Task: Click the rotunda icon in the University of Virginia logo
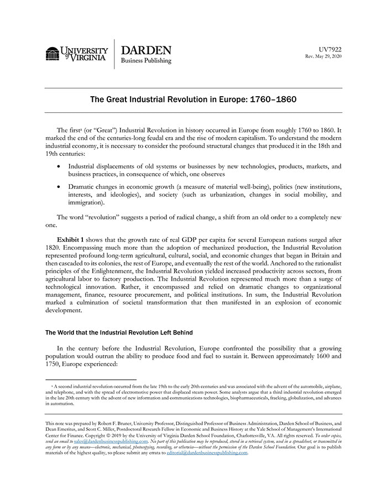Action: [53, 54]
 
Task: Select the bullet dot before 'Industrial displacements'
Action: [60, 166]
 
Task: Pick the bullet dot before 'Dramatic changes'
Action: [60, 187]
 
